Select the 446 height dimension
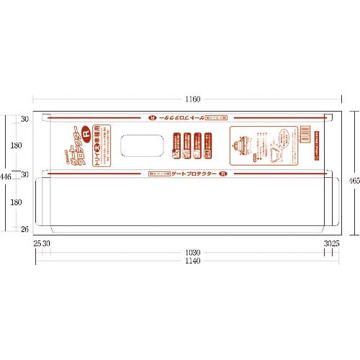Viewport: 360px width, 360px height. [x=5, y=176]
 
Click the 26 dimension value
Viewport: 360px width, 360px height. [x=24, y=230]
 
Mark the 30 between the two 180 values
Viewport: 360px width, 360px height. [x=24, y=175]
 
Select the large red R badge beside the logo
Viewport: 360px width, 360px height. [x=85, y=132]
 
